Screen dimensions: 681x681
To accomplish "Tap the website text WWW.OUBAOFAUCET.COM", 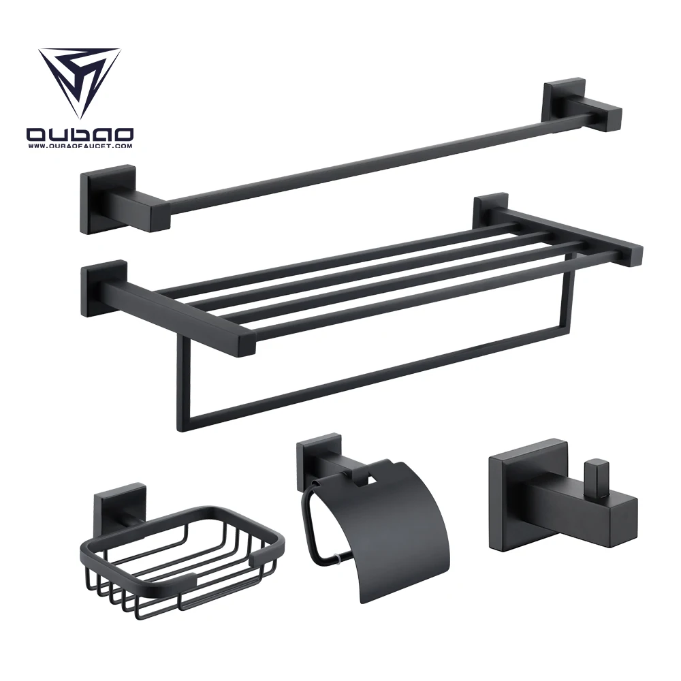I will (x=80, y=146).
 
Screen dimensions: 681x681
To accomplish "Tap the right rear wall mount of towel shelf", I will (x=490, y=211).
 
